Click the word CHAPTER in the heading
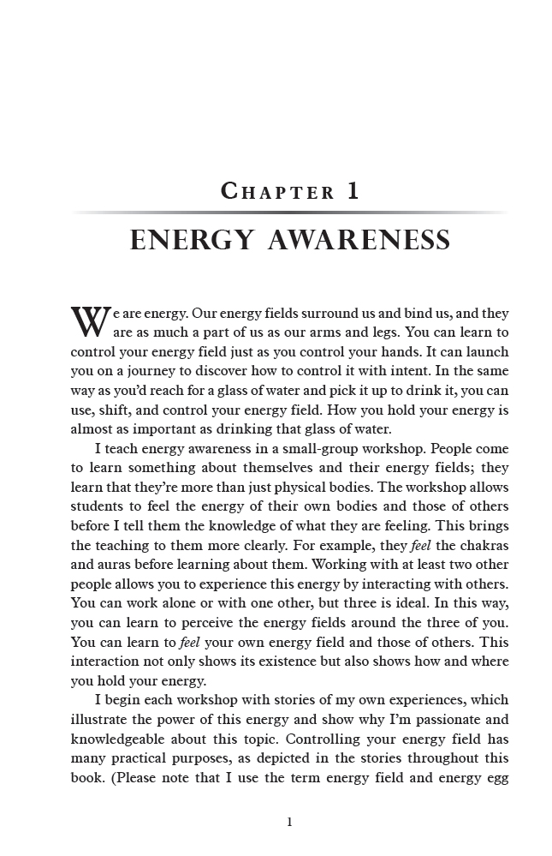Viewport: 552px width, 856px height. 278,191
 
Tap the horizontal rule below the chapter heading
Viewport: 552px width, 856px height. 289,213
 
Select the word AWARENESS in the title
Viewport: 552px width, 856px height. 359,241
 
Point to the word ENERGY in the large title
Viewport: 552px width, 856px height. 192,241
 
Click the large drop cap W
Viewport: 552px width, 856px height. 90,321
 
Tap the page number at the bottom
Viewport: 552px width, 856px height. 289,822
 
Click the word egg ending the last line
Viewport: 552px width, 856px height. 495,778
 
